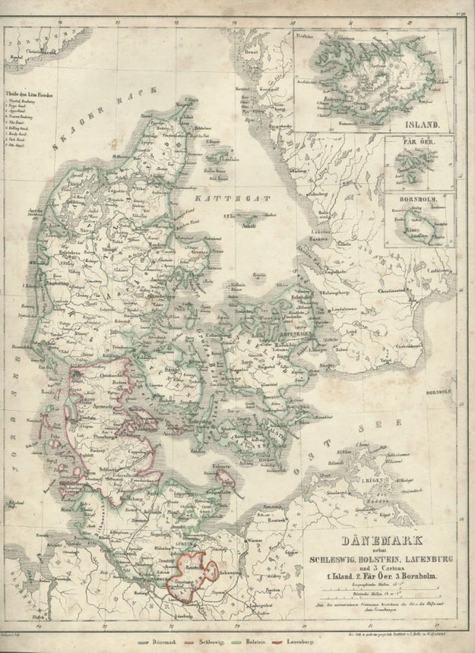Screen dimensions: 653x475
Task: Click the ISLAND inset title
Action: point(417,125)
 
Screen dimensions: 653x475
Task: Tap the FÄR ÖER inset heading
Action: point(417,144)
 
